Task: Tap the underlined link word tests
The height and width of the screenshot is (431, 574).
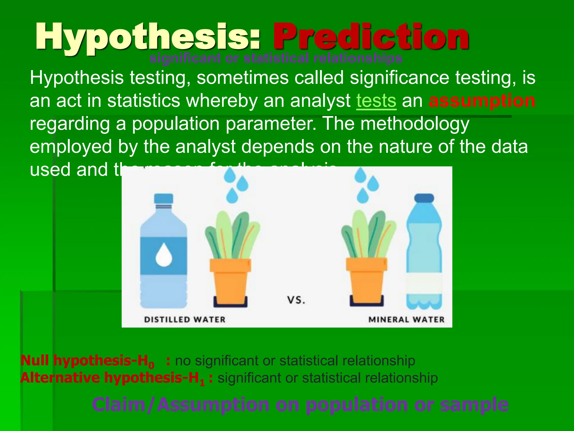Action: coord(376,101)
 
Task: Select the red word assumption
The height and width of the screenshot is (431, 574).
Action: coord(482,101)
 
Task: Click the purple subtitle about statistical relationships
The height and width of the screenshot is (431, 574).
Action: coord(276,58)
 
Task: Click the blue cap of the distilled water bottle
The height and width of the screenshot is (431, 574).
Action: coord(163,198)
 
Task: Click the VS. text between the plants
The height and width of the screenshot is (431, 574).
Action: coord(296,300)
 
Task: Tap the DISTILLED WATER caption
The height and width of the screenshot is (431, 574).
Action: coord(185,320)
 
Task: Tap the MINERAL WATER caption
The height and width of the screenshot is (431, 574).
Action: coord(406,320)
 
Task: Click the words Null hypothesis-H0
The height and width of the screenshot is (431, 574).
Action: coord(87,361)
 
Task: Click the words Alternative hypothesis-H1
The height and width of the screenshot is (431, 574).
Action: coord(112,378)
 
